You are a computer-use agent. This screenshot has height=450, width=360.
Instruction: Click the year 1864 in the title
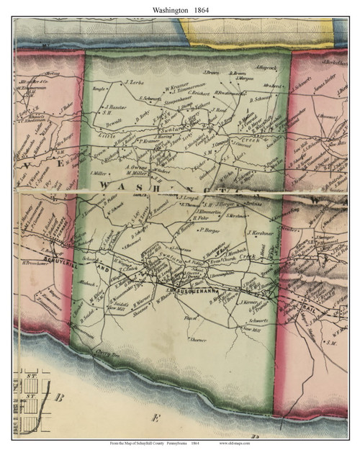[x=207, y=9]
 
